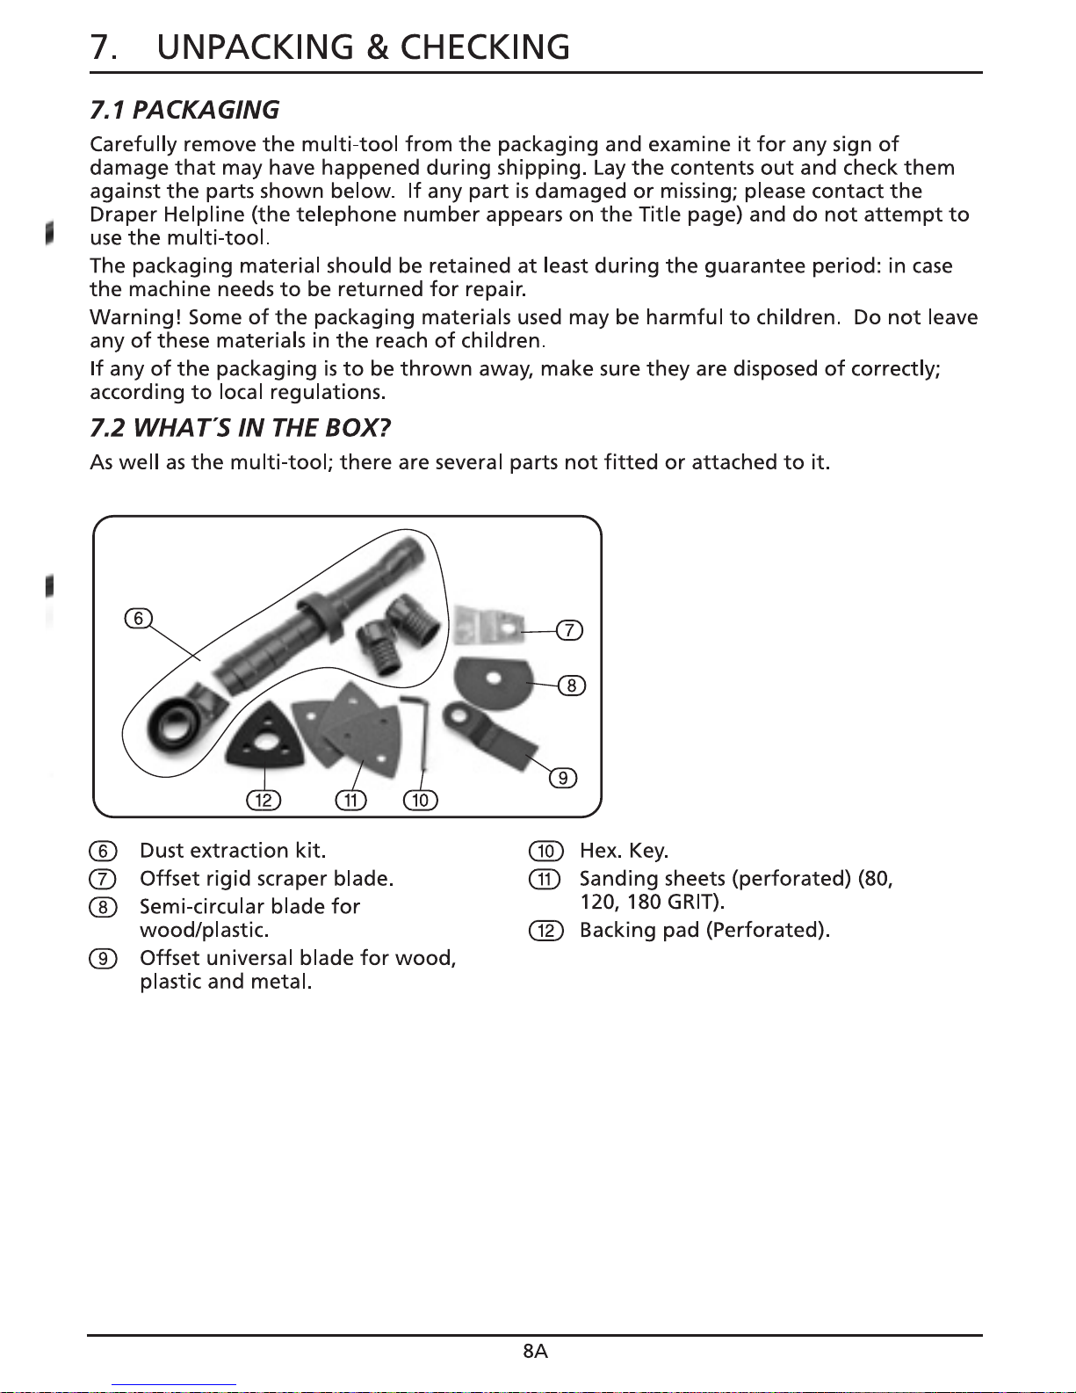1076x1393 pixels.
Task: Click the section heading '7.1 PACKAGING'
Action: pyautogui.click(x=184, y=111)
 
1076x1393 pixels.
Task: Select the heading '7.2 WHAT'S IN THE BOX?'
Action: pyautogui.click(x=240, y=429)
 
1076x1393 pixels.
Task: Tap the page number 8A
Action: pyautogui.click(x=535, y=1352)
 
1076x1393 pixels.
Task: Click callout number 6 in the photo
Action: pyautogui.click(x=138, y=618)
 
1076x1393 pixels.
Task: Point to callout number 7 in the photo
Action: pyautogui.click(x=570, y=630)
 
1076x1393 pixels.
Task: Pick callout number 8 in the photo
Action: pyautogui.click(x=571, y=686)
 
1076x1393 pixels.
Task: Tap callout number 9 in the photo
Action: pyautogui.click(x=563, y=778)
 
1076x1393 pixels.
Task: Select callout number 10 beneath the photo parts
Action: pyautogui.click(x=420, y=800)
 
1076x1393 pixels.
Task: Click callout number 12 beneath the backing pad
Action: pyautogui.click(x=264, y=800)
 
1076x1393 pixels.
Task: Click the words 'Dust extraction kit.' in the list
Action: pyautogui.click(x=233, y=851)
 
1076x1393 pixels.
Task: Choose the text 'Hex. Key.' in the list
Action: pyautogui.click(x=624, y=851)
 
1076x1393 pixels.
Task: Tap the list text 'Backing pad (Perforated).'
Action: pyautogui.click(x=704, y=930)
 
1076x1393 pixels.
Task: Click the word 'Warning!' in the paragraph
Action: pyautogui.click(x=135, y=317)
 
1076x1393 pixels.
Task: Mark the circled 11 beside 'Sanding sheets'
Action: pyautogui.click(x=545, y=879)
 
